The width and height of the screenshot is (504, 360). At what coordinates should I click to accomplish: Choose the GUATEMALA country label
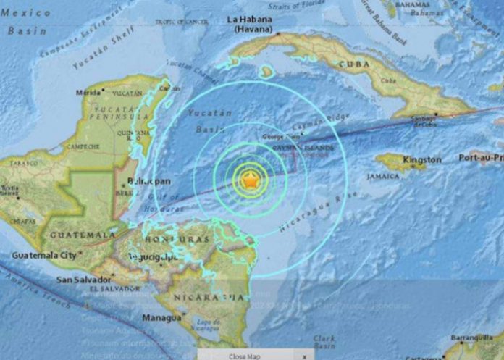(79, 235)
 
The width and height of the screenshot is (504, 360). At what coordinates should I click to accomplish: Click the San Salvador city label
(85, 280)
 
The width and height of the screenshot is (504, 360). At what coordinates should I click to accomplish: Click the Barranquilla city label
(470, 338)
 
